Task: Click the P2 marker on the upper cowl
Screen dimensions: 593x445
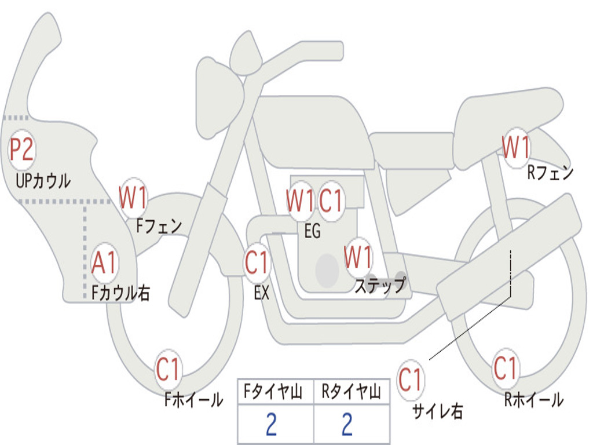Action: [x=22, y=150]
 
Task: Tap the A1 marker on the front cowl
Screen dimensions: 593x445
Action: [x=105, y=263]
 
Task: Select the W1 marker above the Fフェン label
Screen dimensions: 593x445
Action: [x=133, y=198]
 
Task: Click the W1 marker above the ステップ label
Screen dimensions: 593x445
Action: [x=358, y=257]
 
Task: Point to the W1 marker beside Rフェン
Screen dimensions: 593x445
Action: [x=516, y=148]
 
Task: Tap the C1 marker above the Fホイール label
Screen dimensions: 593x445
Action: [x=169, y=370]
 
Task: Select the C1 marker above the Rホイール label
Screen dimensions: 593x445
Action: [x=506, y=367]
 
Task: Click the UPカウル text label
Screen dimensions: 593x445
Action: [x=43, y=180]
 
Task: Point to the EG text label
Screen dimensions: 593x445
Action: [x=312, y=232]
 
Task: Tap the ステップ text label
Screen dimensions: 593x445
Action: [x=380, y=286]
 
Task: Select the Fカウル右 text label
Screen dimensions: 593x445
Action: [x=121, y=293]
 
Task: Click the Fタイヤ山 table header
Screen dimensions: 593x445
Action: [x=276, y=393]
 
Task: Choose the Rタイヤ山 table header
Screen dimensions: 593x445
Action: [x=351, y=393]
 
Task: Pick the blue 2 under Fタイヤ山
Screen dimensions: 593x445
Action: [x=272, y=425]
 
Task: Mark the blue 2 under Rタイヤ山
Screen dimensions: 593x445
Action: [x=347, y=425]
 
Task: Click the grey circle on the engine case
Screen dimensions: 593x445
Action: [x=327, y=269]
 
